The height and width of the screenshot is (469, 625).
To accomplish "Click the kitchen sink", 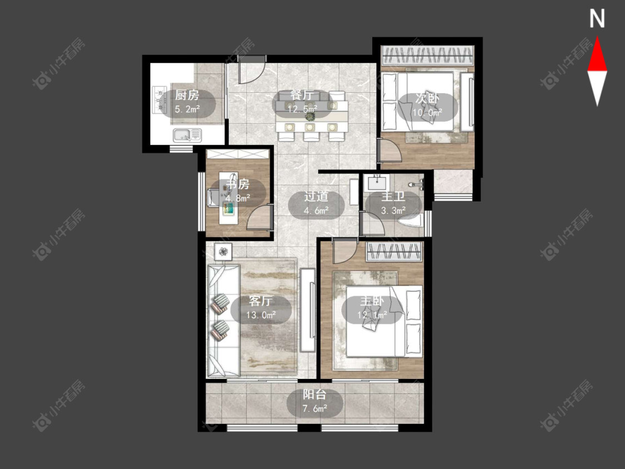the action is tap(187, 135).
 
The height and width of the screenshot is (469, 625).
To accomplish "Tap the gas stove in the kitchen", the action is tap(159, 99).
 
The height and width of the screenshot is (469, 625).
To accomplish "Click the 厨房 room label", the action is tap(187, 96).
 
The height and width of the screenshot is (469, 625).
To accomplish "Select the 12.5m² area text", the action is tap(303, 109).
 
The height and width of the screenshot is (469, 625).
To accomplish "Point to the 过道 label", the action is tap(316, 197).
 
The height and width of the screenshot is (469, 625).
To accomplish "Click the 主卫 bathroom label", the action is tap(393, 197).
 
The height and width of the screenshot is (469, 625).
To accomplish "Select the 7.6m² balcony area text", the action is tap(315, 408).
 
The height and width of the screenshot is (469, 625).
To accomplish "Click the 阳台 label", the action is tap(314, 395).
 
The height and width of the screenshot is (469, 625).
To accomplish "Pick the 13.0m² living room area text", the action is tap(261, 315).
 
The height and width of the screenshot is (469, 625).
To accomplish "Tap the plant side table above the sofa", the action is tap(223, 252).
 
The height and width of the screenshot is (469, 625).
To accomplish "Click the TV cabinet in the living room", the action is tap(308, 310).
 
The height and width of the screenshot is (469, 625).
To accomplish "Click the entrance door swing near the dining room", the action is tap(252, 70).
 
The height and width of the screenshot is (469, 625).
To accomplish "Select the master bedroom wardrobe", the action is tap(394, 252).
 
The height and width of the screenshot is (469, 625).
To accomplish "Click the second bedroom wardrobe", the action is tap(427, 56).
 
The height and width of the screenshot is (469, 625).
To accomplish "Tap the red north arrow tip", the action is tap(597, 37).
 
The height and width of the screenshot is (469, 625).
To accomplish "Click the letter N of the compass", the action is tap(597, 19).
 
